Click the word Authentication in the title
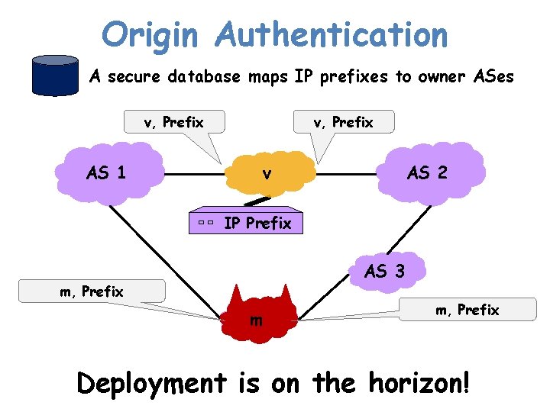pos(332,34)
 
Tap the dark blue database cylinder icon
pos(54,76)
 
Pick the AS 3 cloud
pos(385,270)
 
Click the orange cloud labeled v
pos(266,174)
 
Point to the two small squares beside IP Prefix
pos(203,223)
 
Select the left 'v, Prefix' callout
pos(174,122)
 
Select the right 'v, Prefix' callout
pos(344,122)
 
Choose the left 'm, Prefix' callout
pos(92,291)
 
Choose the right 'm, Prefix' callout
pos(467,309)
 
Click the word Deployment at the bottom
pos(153,383)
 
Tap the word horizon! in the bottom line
pos(414,383)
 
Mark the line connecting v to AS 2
pos(348,174)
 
